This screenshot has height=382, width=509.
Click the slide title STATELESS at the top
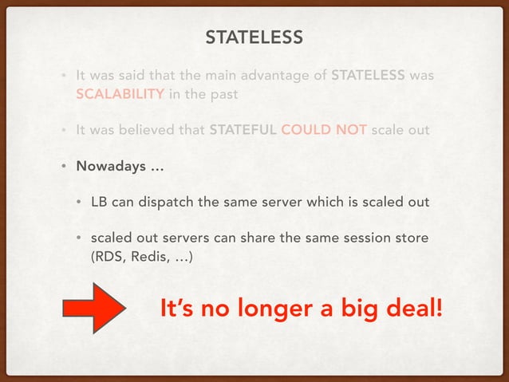coord(254,37)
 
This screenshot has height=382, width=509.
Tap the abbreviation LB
coord(99,202)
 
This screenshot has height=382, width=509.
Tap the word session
coord(365,239)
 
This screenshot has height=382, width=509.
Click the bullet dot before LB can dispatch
coord(80,202)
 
